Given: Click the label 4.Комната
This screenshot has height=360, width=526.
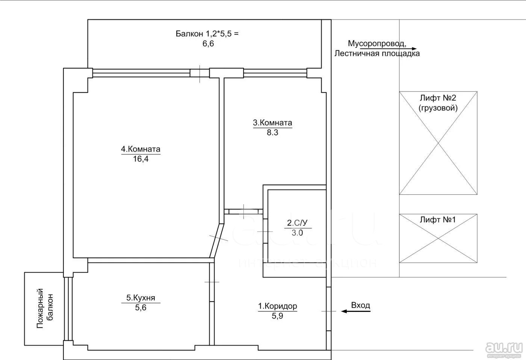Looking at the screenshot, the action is pos(141,149).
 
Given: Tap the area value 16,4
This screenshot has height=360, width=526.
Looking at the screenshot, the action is pos(141,159).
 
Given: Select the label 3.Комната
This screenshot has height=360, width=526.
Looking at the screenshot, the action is pos(272,122).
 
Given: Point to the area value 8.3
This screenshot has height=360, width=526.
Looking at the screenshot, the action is pos(272,133).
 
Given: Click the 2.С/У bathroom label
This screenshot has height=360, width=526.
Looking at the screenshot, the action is pos(297,223).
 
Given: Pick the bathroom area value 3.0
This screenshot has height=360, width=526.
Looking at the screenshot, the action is pos(297,233).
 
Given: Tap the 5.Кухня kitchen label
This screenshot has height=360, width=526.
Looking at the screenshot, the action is pos(141,298).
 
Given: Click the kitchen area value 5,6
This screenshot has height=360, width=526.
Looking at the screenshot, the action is pos(141,307).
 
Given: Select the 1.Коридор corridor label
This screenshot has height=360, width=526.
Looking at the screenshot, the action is pos(278,306).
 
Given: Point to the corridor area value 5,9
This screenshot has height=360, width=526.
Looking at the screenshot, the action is pos(278,316).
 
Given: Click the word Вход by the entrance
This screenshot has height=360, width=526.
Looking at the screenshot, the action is pos(360,305).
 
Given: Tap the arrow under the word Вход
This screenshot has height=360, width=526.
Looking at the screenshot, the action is pos(356,311).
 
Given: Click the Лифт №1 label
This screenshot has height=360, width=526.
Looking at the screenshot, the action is pos(438,220).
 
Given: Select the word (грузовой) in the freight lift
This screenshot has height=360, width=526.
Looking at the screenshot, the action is pos(438,108).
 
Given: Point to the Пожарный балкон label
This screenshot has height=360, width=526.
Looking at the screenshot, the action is pos(45,308).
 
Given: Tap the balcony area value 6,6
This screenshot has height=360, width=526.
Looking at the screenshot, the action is pos(208,44).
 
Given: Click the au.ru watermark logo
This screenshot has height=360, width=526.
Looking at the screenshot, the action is pos(504,347).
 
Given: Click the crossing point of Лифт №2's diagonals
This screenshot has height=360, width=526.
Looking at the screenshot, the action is pos(438,143).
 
